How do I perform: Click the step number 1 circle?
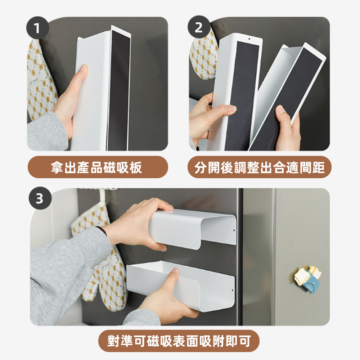38,28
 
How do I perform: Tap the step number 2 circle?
199,27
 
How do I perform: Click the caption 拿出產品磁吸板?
96,167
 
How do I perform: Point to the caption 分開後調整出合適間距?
260,167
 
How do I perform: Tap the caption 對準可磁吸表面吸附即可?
179,341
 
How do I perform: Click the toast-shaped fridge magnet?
308,279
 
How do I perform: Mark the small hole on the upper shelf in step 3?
234,230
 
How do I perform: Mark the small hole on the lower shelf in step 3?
232,291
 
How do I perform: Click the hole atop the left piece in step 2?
249,39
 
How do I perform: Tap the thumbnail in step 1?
84,68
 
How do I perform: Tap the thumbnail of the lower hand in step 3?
175,271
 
